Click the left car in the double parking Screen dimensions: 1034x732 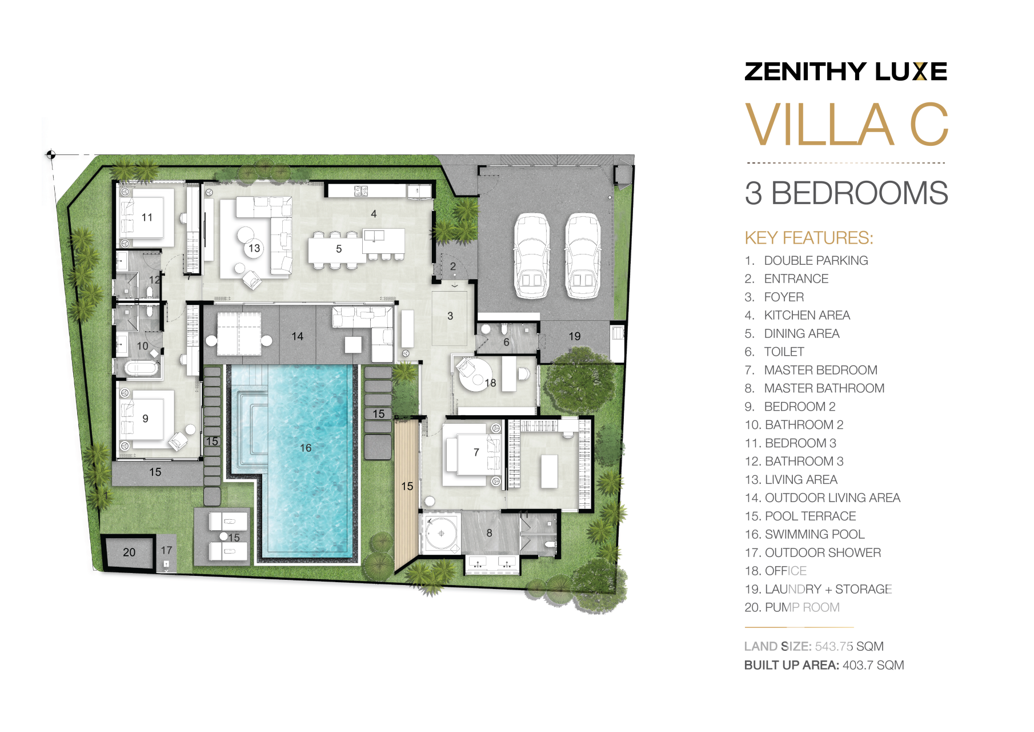tap(532, 256)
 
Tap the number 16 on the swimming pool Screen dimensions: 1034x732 tap(306, 448)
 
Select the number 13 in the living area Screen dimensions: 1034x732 tap(254, 248)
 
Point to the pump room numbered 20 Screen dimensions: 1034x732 tap(129, 552)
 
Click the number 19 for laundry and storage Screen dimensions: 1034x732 tap(575, 336)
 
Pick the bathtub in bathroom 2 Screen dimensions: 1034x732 tap(141, 367)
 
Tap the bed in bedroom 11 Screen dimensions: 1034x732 tap(146, 218)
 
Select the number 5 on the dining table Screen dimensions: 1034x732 tap(339, 249)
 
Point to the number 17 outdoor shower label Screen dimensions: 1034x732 tap(166, 550)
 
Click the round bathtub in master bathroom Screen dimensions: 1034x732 tap(441, 534)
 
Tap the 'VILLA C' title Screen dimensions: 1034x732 tap(847, 125)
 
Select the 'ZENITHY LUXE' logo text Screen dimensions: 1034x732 tap(846, 71)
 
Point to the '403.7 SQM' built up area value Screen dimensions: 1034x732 tap(873, 665)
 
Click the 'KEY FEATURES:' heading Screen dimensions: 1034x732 tap(809, 238)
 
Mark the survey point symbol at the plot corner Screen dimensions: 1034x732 tap(50, 154)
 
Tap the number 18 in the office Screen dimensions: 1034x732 tap(490, 383)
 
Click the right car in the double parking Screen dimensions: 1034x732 tap(583, 256)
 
